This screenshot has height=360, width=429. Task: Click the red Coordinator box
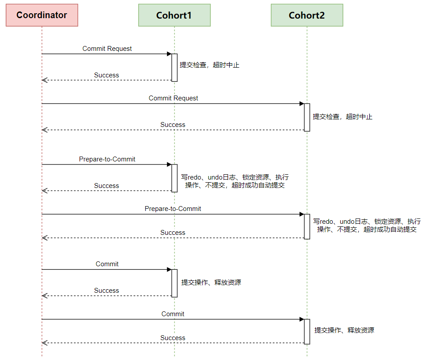(x=42, y=15)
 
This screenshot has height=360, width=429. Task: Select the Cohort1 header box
(x=174, y=15)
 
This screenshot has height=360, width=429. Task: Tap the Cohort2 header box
(x=307, y=15)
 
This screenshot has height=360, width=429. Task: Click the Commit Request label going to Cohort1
(x=107, y=49)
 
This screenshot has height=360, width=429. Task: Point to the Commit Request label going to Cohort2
(x=173, y=98)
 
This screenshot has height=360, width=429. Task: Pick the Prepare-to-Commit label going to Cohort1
(x=107, y=159)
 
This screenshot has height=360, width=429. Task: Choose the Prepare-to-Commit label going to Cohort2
(x=173, y=208)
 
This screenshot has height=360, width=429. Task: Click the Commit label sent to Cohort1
(x=107, y=264)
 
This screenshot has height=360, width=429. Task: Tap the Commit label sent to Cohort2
(x=173, y=314)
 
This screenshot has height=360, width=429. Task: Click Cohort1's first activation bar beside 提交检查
(x=175, y=68)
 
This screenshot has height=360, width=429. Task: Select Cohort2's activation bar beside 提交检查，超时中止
(x=307, y=117)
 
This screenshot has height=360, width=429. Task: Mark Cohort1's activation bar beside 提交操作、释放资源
(x=175, y=283)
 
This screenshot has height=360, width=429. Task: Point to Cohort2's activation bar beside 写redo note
(x=307, y=226)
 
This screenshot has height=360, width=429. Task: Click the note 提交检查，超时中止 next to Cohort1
(x=209, y=65)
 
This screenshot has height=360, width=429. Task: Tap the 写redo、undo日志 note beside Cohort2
(x=367, y=225)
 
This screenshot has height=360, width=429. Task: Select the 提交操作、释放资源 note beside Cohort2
(x=344, y=330)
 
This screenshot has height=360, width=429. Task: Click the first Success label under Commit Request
(x=106, y=75)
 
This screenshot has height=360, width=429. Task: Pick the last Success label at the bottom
(x=173, y=338)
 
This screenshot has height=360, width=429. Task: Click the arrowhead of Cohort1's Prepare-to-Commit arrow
(x=169, y=165)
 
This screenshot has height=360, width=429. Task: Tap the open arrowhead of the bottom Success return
(x=44, y=343)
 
